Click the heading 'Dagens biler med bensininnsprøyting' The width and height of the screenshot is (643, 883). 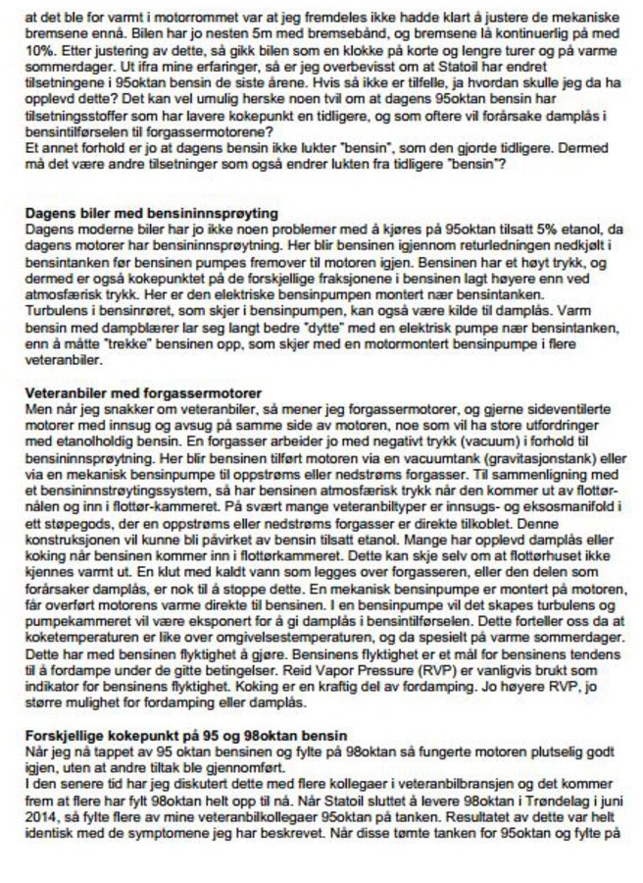click(150, 213)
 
